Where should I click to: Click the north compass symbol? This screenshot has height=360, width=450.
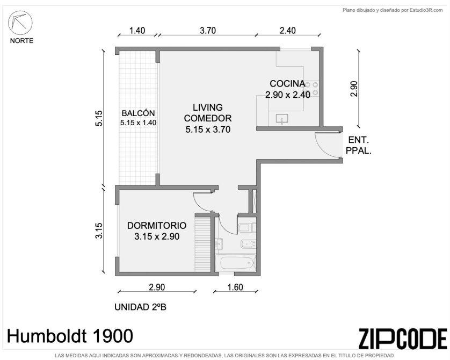click(x=20, y=23)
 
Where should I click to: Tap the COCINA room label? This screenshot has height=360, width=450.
click(x=287, y=83)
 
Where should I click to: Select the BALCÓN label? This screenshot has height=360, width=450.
click(x=138, y=113)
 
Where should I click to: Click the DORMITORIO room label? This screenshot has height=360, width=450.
click(x=157, y=225)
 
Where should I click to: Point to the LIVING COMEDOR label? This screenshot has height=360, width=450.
click(x=208, y=113)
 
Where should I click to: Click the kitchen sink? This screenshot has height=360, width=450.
click(x=282, y=119)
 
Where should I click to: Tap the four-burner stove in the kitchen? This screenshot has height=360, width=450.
click(x=311, y=89)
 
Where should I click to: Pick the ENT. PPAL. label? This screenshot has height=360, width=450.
click(x=359, y=145)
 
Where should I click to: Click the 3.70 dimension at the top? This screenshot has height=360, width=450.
click(x=208, y=31)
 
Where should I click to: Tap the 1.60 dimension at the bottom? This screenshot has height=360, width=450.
click(x=235, y=287)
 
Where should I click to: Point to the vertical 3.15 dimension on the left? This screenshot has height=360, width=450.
click(x=99, y=231)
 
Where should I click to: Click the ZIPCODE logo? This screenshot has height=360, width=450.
click(x=403, y=339)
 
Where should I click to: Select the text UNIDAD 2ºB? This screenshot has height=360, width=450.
click(x=140, y=307)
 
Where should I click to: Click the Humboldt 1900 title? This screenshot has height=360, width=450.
click(x=70, y=336)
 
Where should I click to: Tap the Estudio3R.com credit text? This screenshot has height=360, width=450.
click(x=426, y=10)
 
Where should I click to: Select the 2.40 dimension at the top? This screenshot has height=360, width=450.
click(x=288, y=31)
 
